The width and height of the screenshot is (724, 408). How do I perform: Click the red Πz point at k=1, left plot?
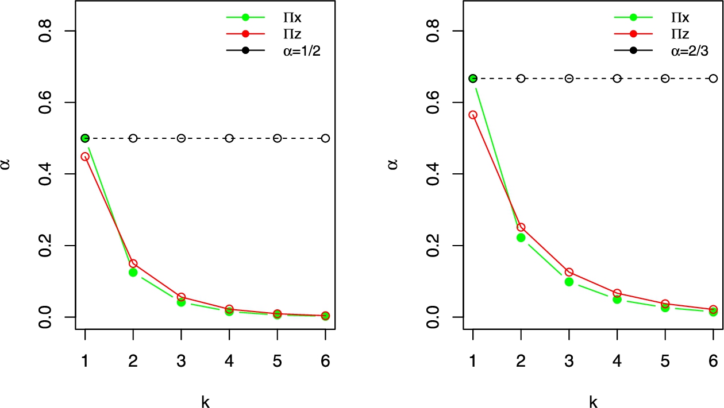(85, 156)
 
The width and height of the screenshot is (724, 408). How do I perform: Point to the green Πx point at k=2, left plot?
(133, 272)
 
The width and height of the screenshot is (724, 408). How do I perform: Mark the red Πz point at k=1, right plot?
(473, 115)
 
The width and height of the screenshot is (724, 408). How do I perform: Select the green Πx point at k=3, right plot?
(569, 282)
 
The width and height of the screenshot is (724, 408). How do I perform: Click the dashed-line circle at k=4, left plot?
(229, 138)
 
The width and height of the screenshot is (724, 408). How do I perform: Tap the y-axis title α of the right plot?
(394, 165)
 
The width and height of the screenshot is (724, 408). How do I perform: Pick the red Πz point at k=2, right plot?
(521, 227)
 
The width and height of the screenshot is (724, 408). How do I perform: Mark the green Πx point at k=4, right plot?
(617, 299)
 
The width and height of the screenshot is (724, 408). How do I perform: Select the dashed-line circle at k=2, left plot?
(133, 138)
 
